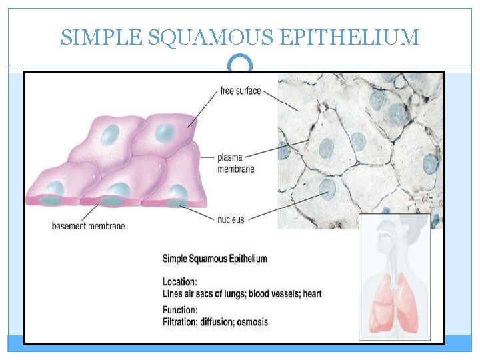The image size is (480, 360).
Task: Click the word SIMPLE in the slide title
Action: pyautogui.click(x=100, y=37)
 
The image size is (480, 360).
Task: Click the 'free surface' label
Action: pyautogui.click(x=240, y=91)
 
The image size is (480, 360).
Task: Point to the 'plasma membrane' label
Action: pyautogui.click(x=235, y=163)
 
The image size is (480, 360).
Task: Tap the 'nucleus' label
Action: pyautogui.click(x=231, y=219)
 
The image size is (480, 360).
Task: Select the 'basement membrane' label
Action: pyautogui.click(x=88, y=226)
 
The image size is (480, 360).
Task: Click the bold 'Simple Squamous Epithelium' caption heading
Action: pyautogui.click(x=215, y=259)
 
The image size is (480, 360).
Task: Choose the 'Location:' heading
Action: pyautogui.click(x=180, y=282)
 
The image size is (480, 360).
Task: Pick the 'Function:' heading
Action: pyautogui.click(x=180, y=310)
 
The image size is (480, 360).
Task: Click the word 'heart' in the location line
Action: pyautogui.click(x=313, y=294)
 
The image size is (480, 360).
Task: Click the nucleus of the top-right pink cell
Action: pyautogui.click(x=165, y=133)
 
